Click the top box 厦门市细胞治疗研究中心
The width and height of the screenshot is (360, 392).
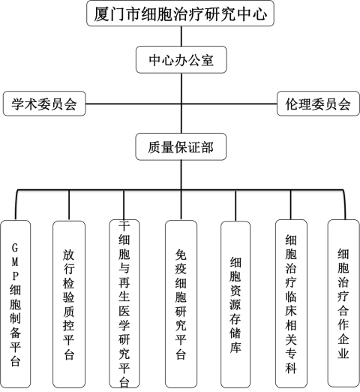coord(180,14)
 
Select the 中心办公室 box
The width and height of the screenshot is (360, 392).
coord(181,59)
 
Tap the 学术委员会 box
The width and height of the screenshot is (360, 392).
coord(44,104)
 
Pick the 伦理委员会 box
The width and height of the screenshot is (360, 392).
coord(318,104)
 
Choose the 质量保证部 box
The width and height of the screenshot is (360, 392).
coord(181,146)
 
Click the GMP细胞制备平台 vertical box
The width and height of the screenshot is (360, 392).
coord(16,304)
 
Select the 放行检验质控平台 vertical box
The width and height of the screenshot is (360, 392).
coord(69,304)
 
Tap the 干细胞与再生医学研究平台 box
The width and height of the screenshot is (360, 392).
coord(124,303)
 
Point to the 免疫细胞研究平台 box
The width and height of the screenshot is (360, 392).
coord(181,304)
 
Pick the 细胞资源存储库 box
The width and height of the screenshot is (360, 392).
coord(235,304)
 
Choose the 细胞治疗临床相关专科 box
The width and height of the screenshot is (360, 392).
coord(291,303)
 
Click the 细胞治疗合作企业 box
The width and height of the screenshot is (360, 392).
coord(343,303)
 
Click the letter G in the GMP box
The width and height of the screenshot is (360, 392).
coord(15,248)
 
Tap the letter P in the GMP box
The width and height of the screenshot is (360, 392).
coord(15,276)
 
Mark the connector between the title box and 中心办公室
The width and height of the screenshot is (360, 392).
coord(181,36)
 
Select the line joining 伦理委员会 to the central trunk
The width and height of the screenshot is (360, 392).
coord(229,104)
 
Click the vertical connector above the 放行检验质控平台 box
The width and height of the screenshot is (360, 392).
coord(69,205)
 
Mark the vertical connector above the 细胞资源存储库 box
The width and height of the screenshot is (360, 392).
coord(235,206)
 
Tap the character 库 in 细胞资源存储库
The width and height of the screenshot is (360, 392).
coord(235,347)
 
